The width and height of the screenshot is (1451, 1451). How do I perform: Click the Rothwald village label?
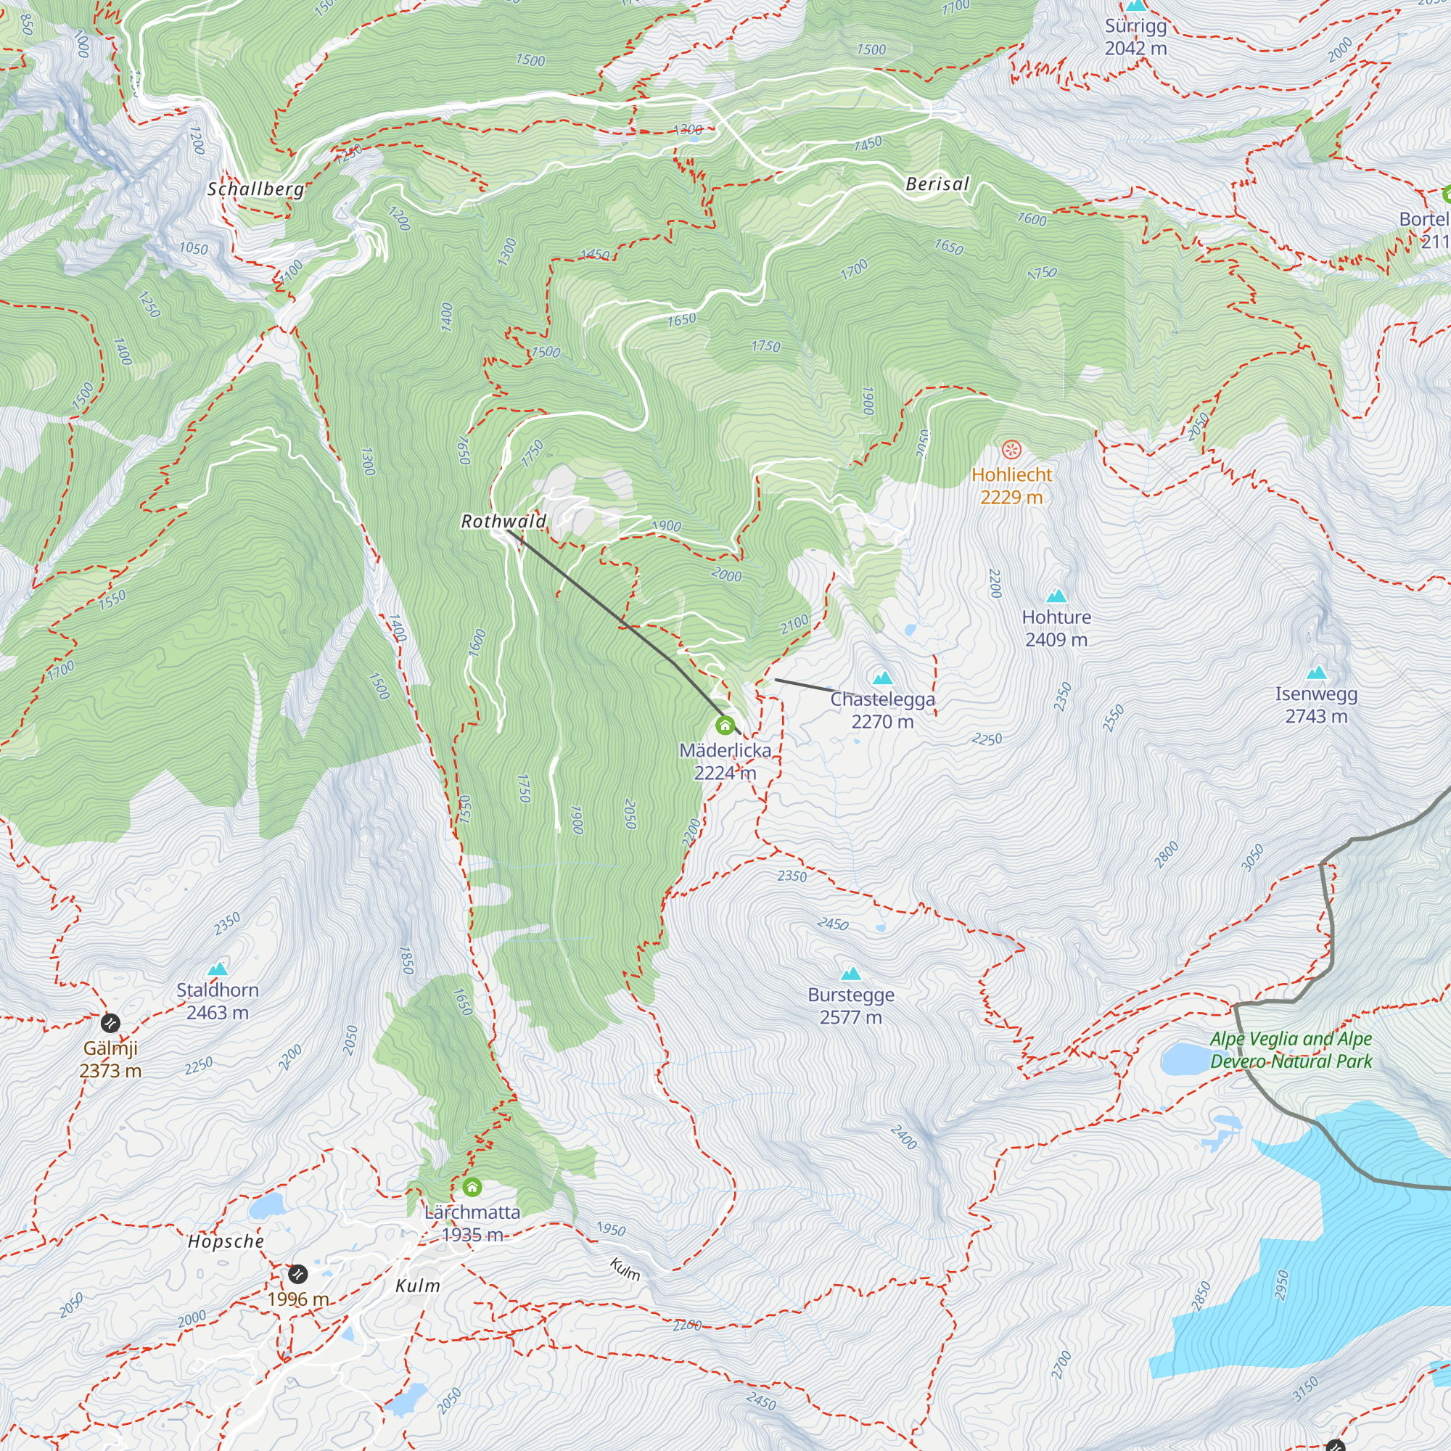(x=503, y=521)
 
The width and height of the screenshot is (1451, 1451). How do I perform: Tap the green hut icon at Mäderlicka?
(x=725, y=725)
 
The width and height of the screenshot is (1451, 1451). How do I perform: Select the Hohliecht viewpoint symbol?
(x=1011, y=450)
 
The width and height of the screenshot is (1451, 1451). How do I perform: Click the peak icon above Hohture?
(x=1057, y=596)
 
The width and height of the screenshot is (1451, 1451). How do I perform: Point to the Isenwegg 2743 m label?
(x=1316, y=705)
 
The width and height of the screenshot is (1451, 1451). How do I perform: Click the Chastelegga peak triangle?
(x=883, y=678)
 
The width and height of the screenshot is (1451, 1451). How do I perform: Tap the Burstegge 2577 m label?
(x=851, y=1006)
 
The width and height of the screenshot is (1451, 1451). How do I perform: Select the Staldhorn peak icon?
(x=218, y=969)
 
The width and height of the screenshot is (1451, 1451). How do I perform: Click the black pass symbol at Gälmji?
(x=110, y=1023)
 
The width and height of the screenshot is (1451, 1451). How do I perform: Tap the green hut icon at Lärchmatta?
(x=472, y=1188)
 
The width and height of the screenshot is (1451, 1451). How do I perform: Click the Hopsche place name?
(x=226, y=1241)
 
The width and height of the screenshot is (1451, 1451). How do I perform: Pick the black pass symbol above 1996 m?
(x=297, y=1274)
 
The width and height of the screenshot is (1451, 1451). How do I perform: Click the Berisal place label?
(x=937, y=184)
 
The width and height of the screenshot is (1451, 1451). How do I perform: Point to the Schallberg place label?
(x=255, y=189)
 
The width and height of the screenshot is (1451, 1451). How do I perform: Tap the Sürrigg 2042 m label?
(x=1135, y=37)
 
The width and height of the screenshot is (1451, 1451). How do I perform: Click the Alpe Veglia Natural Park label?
(x=1290, y=1050)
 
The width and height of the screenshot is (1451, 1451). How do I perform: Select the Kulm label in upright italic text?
(x=418, y=1286)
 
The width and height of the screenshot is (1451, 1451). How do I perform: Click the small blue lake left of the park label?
(x=1185, y=1059)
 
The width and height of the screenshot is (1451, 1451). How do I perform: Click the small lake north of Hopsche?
(x=264, y=1207)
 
